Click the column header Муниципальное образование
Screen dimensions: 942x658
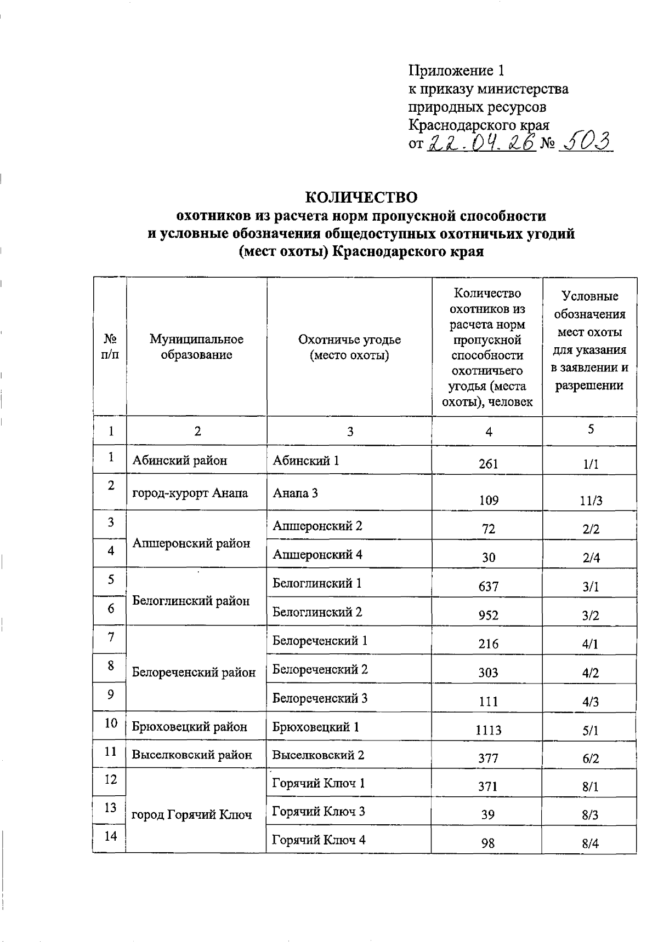coord(196,347)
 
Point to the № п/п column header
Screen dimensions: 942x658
coord(110,347)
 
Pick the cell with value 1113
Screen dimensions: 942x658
coord(488,730)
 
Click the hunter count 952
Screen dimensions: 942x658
coord(488,615)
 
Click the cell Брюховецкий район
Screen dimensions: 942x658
coord(190,727)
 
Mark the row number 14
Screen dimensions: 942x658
coord(111,836)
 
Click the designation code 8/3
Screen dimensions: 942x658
coord(591,815)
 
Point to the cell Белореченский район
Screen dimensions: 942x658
coord(194,672)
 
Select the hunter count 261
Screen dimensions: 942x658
coord(488,464)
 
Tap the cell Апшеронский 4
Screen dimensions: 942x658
coord(317,554)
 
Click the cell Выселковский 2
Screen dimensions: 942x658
coord(319,755)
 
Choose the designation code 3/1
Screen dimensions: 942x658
coord(591,587)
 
